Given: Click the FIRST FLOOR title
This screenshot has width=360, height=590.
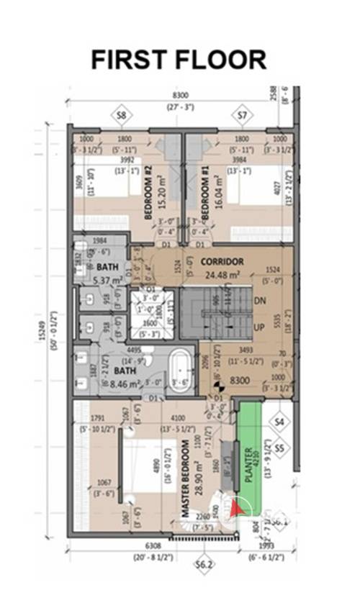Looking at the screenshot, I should [x=179, y=60].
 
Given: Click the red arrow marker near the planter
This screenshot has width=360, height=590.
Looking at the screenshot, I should [x=238, y=509].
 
